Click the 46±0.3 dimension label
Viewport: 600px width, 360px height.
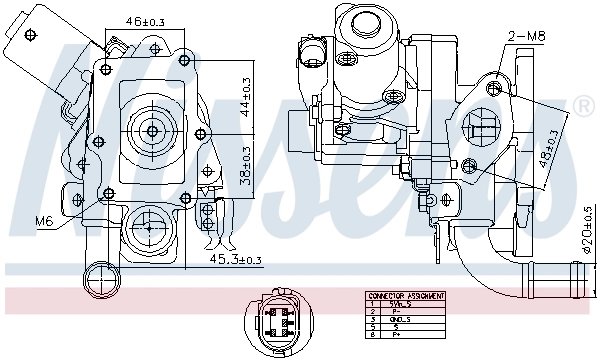click(145, 20)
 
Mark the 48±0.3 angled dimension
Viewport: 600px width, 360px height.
click(546, 150)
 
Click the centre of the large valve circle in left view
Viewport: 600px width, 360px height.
click(153, 130)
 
